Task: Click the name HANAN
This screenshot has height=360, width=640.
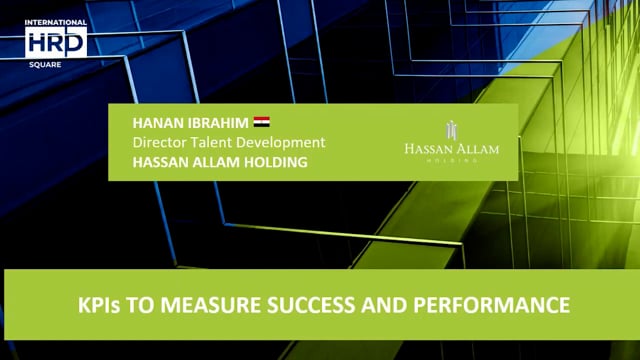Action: pyautogui.click(x=159, y=123)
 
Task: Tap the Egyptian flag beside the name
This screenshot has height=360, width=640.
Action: pyautogui.click(x=262, y=122)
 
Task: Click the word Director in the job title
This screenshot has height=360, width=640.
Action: pyautogui.click(x=160, y=142)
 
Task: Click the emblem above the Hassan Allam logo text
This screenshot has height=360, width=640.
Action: pyautogui.click(x=451, y=129)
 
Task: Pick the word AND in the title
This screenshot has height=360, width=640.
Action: pyautogui.click(x=407, y=301)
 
